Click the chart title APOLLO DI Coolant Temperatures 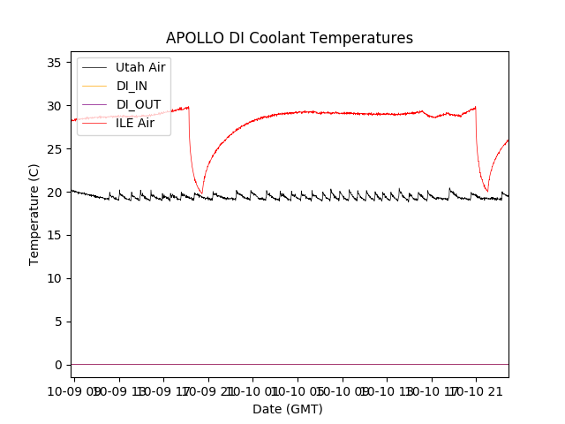(x=290, y=38)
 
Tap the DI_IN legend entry (x=132, y=86)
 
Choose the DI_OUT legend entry (x=139, y=104)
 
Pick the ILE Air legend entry (x=135, y=123)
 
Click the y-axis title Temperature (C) (x=34, y=215)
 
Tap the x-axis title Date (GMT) (x=288, y=409)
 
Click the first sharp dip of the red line (x=201, y=193)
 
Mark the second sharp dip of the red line (x=487, y=191)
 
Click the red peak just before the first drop (x=188, y=107)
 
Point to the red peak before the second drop (x=476, y=108)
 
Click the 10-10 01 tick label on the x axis (x=252, y=389)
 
